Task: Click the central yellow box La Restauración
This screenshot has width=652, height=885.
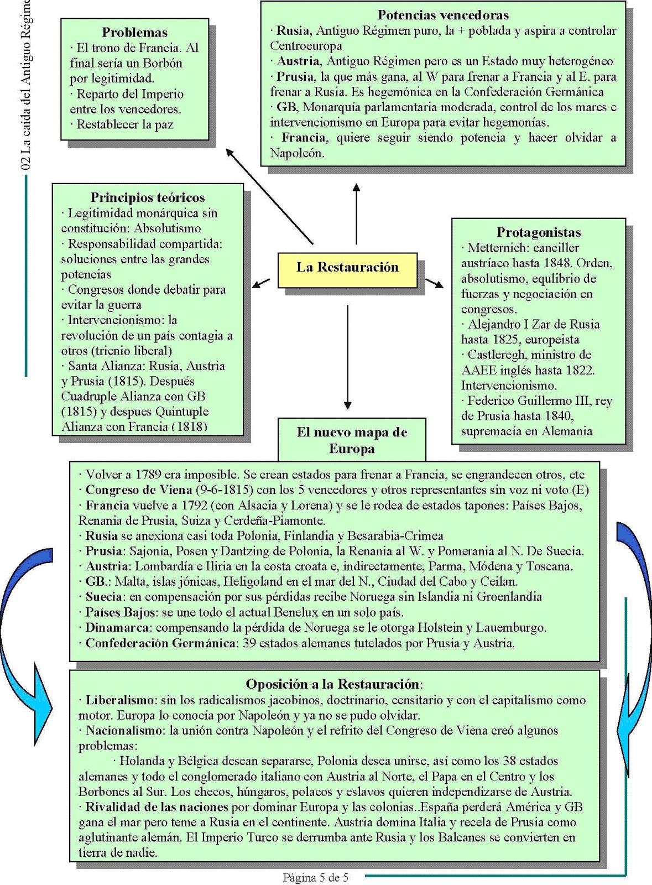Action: pos(347,268)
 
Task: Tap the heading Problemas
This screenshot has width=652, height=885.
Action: pos(134,33)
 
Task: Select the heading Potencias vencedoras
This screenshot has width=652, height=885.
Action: pos(443,15)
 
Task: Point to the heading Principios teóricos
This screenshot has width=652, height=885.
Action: pos(148,197)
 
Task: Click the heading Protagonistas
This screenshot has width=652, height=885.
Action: pos(538,232)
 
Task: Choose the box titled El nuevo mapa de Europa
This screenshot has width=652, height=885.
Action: pos(352,440)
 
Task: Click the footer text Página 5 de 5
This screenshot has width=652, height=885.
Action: pos(315,877)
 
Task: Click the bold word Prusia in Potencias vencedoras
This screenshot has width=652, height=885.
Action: pos(295,76)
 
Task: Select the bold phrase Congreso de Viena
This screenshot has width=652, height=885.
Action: pos(138,490)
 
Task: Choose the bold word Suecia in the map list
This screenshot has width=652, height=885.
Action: pos(103,597)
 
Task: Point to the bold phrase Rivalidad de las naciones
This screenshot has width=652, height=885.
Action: pos(157,807)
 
